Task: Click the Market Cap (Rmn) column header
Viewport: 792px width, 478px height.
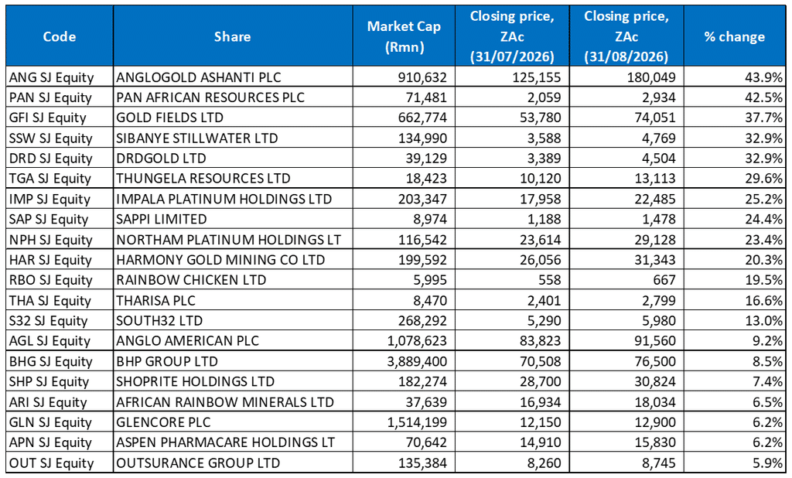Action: pos(404,36)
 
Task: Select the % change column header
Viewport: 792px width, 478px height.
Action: pos(735,36)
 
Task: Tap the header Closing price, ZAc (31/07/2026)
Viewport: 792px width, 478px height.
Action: pos(512,36)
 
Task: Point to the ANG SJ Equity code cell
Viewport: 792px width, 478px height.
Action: pos(52,77)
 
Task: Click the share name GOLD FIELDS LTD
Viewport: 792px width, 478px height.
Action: pos(169,118)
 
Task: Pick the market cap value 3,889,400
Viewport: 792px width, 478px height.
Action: pos(417,362)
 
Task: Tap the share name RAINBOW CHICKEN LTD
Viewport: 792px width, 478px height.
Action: pos(191,281)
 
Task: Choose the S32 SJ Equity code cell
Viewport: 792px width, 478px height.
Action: pos(49,321)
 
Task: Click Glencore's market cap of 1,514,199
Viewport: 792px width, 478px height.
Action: pos(417,422)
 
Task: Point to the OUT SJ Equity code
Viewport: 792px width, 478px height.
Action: pos(52,463)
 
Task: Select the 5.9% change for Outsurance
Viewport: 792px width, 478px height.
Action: pos(767,463)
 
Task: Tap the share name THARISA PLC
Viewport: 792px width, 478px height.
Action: pos(155,301)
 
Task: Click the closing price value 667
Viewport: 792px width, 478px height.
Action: pos(664,281)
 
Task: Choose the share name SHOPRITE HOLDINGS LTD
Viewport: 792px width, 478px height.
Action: pos(195,382)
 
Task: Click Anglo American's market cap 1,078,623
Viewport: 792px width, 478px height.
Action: pos(417,341)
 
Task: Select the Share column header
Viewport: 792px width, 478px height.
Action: pos(232,36)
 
